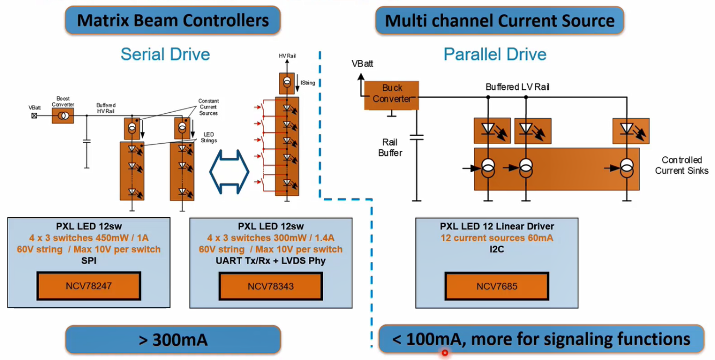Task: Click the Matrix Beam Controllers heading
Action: point(173,21)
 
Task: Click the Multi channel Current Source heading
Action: point(499,21)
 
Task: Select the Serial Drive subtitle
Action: point(165,54)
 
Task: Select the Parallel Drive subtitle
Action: point(495,54)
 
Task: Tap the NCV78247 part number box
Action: point(89,286)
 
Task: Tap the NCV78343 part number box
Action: point(271,286)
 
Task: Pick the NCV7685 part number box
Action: point(497,286)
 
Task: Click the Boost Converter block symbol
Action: point(63,115)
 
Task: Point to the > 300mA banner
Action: point(173,340)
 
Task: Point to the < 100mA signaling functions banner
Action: point(541,339)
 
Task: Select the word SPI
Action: point(89,260)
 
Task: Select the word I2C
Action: point(497,249)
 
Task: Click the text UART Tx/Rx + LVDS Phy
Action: point(271,260)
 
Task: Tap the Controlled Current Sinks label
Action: point(681,165)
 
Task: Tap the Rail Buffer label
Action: point(390,148)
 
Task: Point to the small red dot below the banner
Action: point(445,353)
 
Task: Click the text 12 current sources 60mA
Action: point(497,237)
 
